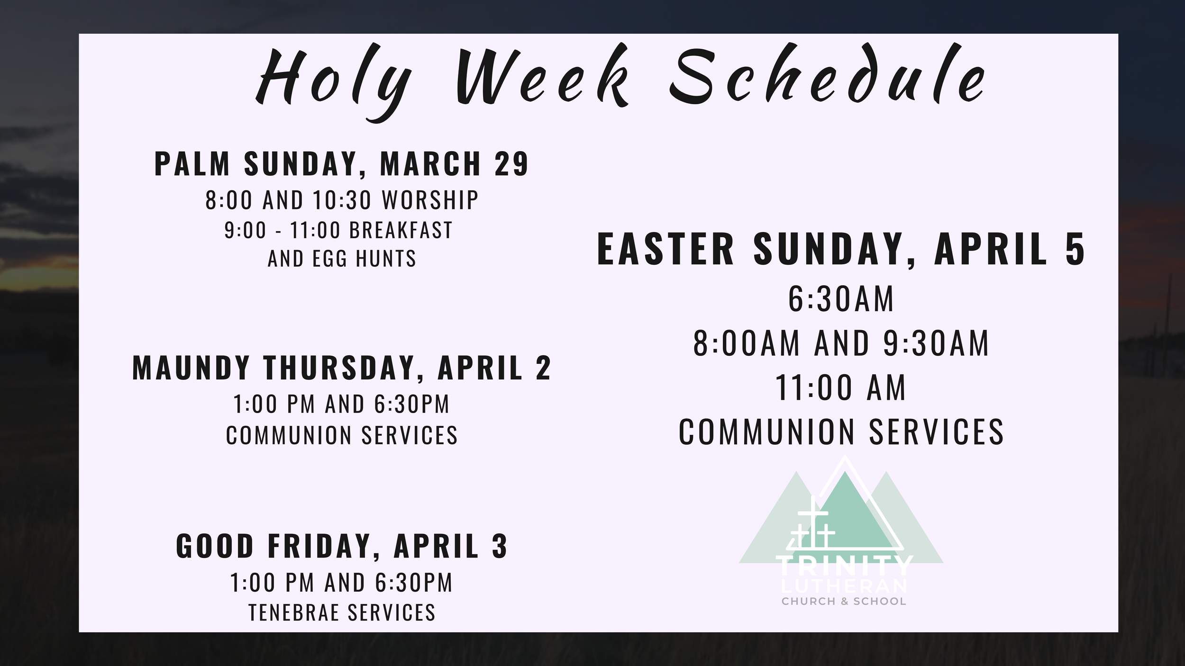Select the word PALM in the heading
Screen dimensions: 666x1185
coord(192,164)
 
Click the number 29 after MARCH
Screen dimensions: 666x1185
coord(511,164)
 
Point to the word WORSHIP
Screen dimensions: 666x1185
coord(430,200)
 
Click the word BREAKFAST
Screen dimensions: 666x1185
coord(401,230)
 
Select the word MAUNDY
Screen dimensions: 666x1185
coord(191,368)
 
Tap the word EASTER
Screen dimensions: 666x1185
coord(665,249)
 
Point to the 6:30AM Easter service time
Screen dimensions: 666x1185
coord(841,299)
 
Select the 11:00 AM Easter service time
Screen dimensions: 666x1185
coord(841,387)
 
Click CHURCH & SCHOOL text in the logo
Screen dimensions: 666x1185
coord(844,602)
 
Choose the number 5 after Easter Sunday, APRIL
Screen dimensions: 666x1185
coord(1075,249)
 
